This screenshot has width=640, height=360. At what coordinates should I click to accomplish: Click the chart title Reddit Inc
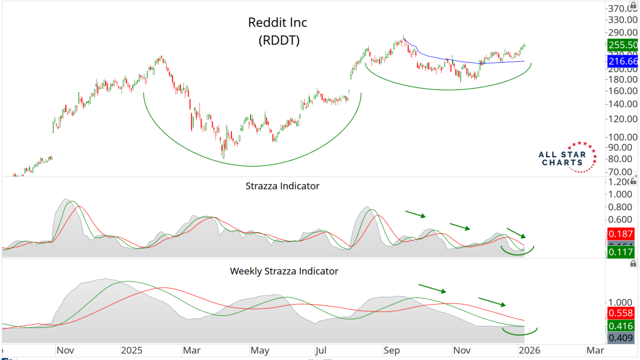(277, 23)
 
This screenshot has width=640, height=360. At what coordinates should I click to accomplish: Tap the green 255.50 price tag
(623, 45)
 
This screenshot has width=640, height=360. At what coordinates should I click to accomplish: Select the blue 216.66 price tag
(623, 61)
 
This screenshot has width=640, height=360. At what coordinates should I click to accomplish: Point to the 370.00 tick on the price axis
(621, 9)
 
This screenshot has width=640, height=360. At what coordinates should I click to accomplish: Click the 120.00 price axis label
(621, 119)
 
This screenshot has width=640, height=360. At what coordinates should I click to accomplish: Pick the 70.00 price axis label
(621, 171)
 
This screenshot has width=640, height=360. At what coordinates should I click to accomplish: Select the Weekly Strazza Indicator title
(284, 271)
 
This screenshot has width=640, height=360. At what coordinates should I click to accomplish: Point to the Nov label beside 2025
(65, 350)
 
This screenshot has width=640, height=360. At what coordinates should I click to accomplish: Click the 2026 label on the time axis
(530, 350)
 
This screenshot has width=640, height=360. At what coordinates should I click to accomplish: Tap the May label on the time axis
(259, 350)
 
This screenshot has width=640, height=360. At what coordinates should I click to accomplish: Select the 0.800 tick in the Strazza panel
(621, 207)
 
